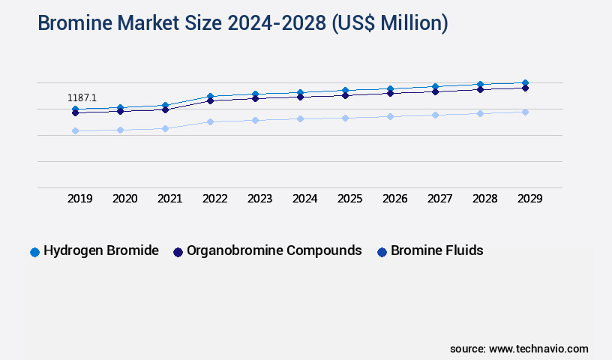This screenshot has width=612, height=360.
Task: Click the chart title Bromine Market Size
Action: click(x=242, y=23)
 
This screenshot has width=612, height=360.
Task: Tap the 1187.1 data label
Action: click(x=82, y=97)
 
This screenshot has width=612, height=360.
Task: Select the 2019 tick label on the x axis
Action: click(x=80, y=199)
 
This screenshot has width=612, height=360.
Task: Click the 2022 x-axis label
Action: click(x=215, y=199)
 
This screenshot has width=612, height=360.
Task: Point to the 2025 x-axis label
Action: click(x=350, y=199)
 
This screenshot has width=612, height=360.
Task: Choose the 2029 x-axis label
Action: click(x=529, y=199)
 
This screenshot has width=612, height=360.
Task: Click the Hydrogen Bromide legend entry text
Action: click(x=100, y=250)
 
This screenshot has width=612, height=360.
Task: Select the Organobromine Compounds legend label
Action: click(x=274, y=250)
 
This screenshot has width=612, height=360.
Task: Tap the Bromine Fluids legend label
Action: click(x=436, y=250)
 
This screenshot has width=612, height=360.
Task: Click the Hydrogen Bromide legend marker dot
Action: click(x=34, y=252)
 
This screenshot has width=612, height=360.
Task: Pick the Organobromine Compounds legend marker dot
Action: click(x=178, y=252)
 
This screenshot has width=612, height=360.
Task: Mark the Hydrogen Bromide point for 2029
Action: click(x=525, y=82)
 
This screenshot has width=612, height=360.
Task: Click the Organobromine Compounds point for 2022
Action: click(x=210, y=100)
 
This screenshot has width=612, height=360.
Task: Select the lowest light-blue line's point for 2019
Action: click(x=75, y=130)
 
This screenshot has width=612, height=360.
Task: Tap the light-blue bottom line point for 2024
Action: click(x=300, y=118)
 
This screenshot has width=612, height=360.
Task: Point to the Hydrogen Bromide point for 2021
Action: click(x=165, y=106)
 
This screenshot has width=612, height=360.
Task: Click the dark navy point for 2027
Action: click(x=435, y=91)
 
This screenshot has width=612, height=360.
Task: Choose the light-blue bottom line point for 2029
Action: click(x=525, y=112)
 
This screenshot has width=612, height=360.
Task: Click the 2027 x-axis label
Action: click(x=439, y=199)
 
